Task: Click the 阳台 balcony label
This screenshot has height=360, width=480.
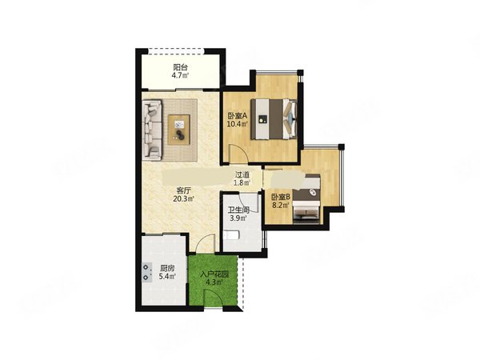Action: point(180,67)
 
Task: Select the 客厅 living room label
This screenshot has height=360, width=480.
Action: point(182,191)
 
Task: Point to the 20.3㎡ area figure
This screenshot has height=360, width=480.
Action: point(184,199)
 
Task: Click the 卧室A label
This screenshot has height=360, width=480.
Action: point(238,116)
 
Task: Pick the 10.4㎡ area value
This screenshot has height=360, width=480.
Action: point(238,124)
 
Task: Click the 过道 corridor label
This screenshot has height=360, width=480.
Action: point(242,174)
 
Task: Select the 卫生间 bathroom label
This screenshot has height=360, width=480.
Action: point(238,210)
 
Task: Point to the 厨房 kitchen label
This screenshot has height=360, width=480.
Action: point(167,269)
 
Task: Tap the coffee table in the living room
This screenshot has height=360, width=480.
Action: point(179,130)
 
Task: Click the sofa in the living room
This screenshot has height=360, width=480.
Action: point(152,130)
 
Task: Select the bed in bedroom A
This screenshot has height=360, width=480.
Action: point(274,118)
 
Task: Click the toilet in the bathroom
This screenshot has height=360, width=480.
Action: point(232,235)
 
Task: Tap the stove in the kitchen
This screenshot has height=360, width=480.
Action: point(147,272)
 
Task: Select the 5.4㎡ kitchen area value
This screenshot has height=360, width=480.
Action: point(167,277)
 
